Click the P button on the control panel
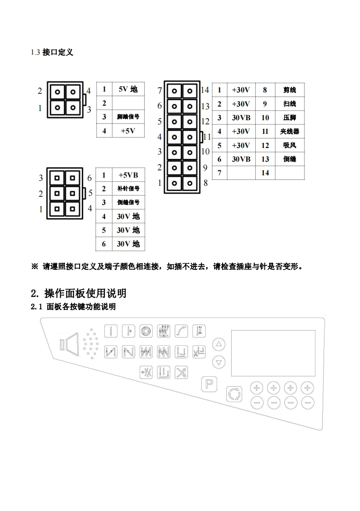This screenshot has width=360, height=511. (x=209, y=383)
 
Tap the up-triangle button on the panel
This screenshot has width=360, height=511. (x=219, y=344)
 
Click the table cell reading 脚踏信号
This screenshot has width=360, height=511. (x=128, y=117)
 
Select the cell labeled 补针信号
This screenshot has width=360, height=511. (x=128, y=189)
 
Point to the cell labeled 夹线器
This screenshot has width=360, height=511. (x=289, y=132)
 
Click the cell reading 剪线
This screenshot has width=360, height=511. (x=289, y=90)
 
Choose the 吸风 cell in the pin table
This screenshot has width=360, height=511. (x=289, y=145)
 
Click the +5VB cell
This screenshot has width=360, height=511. (x=128, y=175)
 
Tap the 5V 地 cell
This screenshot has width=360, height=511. (x=128, y=89)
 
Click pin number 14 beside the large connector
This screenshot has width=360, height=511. (x=205, y=90)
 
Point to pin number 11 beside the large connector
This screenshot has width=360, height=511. (x=207, y=136)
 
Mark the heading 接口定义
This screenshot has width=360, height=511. (x=57, y=52)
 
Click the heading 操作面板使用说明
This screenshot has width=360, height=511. (x=85, y=292)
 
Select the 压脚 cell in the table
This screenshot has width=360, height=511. (x=289, y=118)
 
